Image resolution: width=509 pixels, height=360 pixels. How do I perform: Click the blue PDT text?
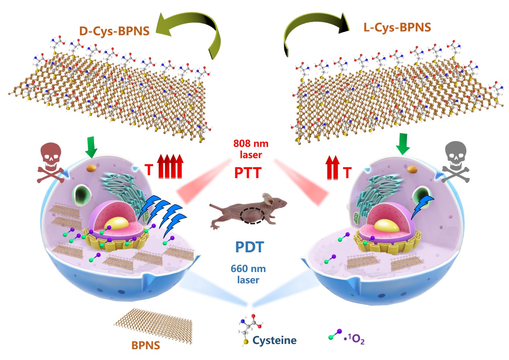248,246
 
